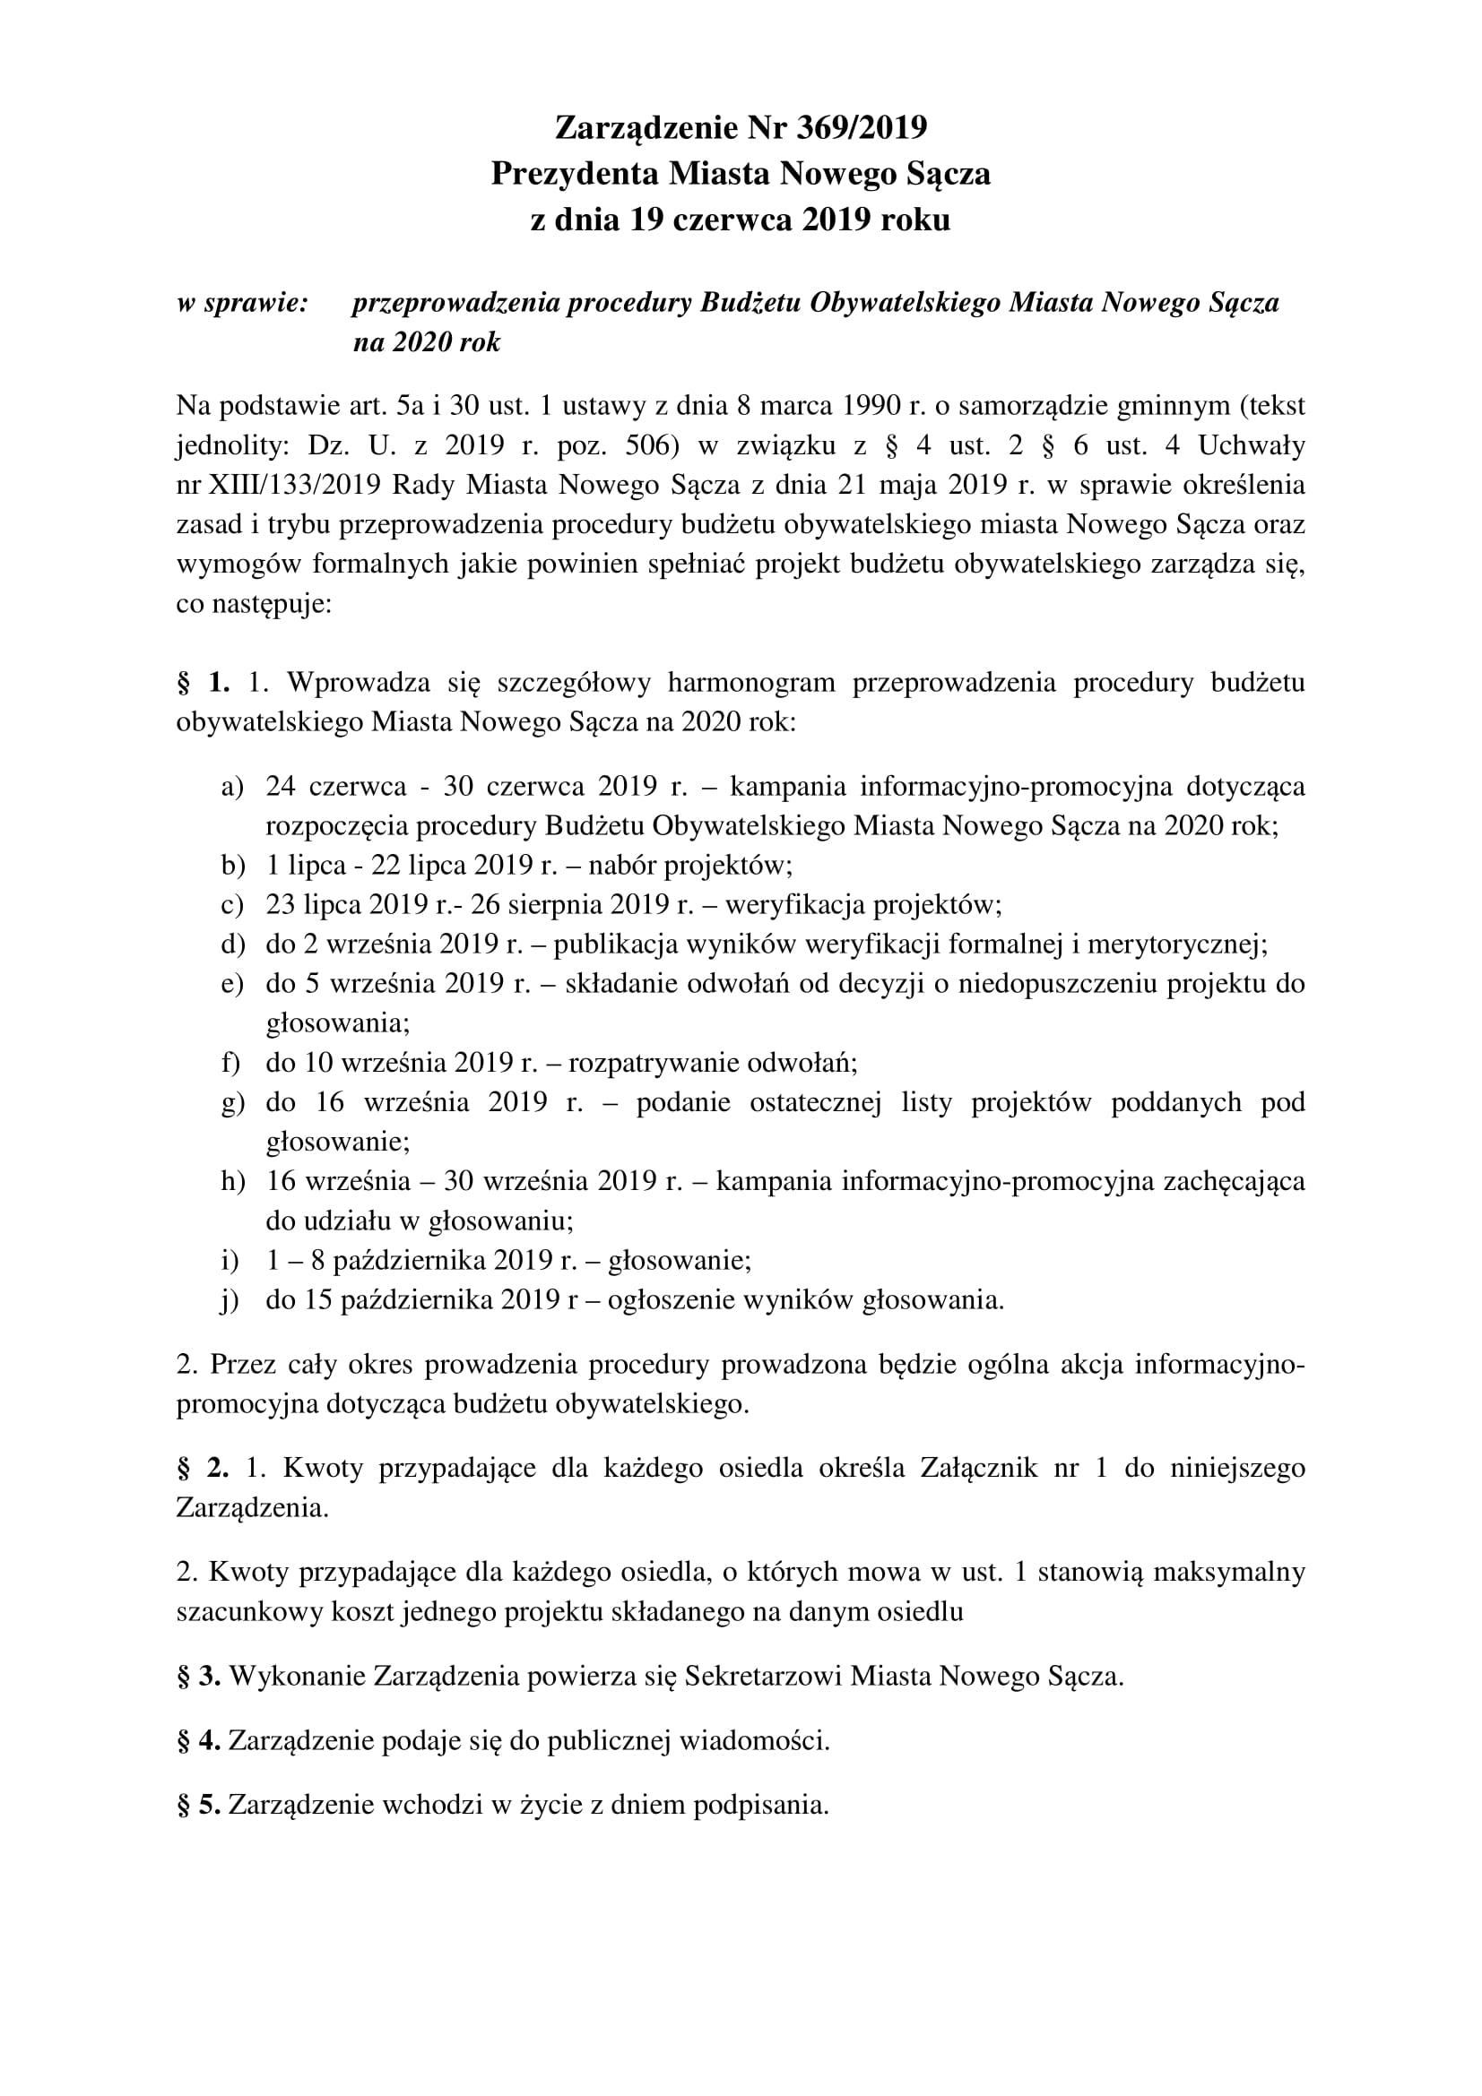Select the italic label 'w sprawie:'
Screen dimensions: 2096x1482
(x=243, y=303)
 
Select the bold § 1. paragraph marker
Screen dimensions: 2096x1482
(x=203, y=682)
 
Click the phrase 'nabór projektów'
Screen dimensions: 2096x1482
(x=685, y=865)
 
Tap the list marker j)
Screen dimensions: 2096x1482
(x=230, y=1300)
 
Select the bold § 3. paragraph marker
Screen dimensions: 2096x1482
(x=199, y=1676)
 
